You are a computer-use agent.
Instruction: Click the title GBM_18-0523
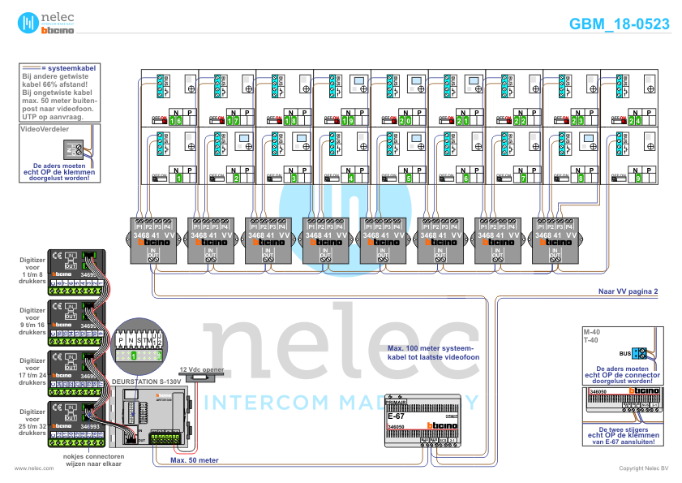(x=620, y=24)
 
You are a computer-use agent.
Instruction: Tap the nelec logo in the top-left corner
(x=48, y=23)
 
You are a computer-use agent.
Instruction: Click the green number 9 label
(x=638, y=178)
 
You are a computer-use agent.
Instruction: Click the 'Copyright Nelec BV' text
(x=644, y=468)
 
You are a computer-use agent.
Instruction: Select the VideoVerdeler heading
(x=44, y=128)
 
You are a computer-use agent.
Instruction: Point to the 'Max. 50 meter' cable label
(x=194, y=459)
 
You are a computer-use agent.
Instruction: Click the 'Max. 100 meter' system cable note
(x=428, y=351)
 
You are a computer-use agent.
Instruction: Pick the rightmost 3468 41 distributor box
(x=556, y=239)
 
